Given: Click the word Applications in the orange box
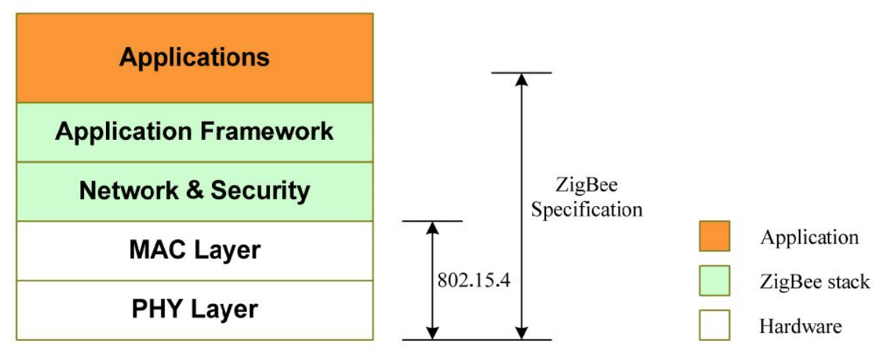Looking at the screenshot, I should (194, 57).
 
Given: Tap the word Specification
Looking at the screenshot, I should (587, 209).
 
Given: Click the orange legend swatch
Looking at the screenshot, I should (714, 236).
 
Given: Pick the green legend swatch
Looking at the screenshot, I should (714, 280).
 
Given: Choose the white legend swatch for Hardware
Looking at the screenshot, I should (714, 325).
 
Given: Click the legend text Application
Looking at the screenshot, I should (809, 237).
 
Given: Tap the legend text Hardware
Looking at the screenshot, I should (801, 325).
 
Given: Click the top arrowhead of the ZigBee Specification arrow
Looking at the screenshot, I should (521, 80).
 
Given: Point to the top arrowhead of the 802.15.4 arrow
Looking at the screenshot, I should (433, 228).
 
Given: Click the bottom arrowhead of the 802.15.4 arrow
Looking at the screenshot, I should (433, 332).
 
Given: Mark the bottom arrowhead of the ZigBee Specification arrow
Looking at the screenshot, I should (521, 332).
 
